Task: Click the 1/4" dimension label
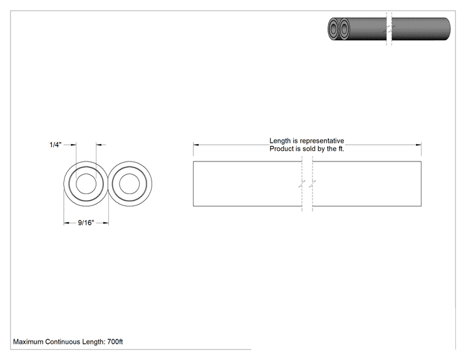point(55,145)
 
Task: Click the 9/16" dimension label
point(86,222)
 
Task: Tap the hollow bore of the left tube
point(86,184)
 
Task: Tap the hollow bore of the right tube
point(129,184)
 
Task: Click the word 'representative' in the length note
point(322,141)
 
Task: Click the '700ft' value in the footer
point(115,342)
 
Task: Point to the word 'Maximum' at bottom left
point(28,342)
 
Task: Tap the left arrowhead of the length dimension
point(196,145)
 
